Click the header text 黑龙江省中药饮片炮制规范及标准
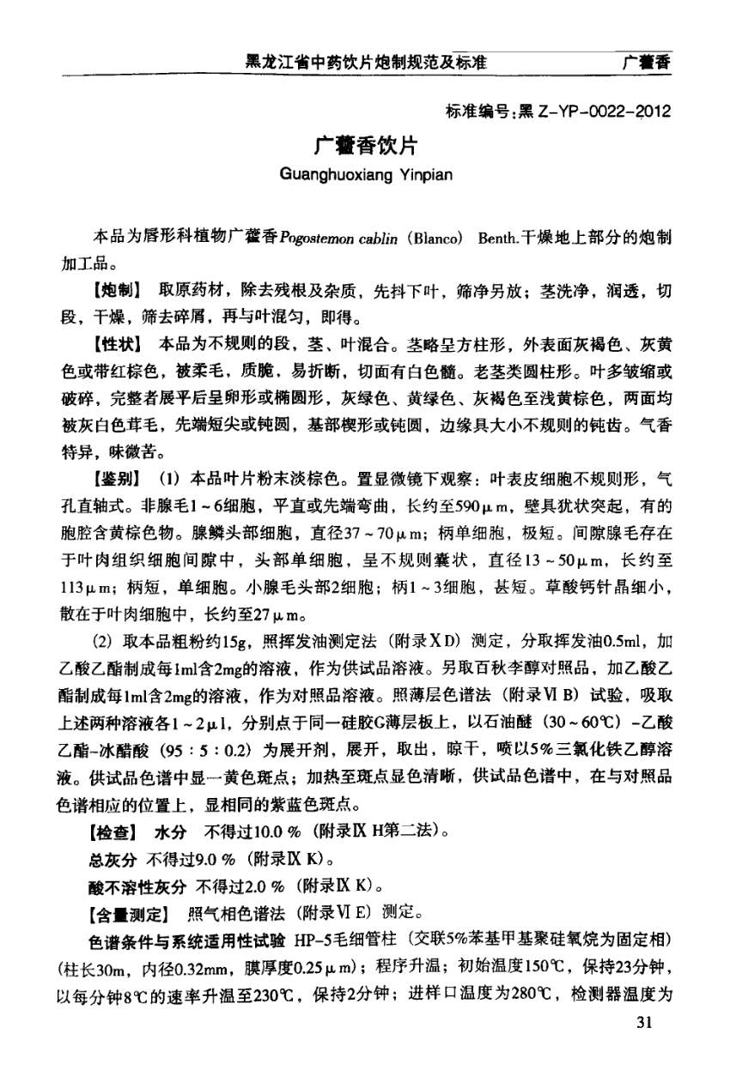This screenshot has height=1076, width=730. click(x=366, y=62)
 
